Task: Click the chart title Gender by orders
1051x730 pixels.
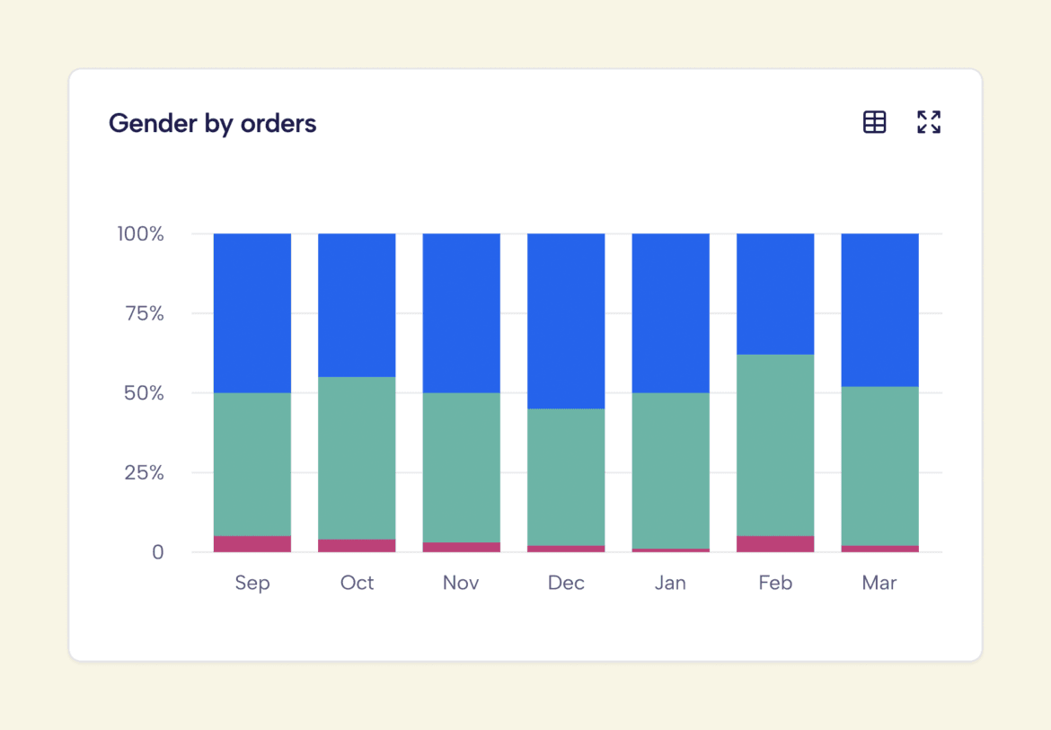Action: point(212,123)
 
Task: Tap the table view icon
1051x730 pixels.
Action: point(874,122)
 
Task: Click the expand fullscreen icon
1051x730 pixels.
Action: point(929,122)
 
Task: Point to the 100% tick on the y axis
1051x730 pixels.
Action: point(140,234)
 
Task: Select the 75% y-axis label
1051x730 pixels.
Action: point(144,314)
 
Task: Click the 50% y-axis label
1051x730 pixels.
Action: point(144,393)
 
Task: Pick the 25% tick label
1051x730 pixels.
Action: point(144,472)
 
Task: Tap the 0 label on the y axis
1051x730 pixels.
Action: point(158,552)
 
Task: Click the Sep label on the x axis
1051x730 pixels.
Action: point(252,583)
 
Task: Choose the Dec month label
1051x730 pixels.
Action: point(566,583)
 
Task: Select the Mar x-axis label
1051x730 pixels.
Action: point(879,583)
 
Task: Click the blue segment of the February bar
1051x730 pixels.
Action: point(775,294)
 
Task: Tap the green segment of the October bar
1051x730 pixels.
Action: point(357,458)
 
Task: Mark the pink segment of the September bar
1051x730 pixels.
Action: point(252,544)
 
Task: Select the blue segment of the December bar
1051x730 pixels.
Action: point(566,321)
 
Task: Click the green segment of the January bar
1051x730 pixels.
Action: point(670,471)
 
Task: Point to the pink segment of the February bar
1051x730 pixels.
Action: point(775,544)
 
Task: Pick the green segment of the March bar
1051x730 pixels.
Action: point(879,466)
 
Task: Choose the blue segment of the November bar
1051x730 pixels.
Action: point(462,313)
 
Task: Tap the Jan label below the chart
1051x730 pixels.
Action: point(670,583)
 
